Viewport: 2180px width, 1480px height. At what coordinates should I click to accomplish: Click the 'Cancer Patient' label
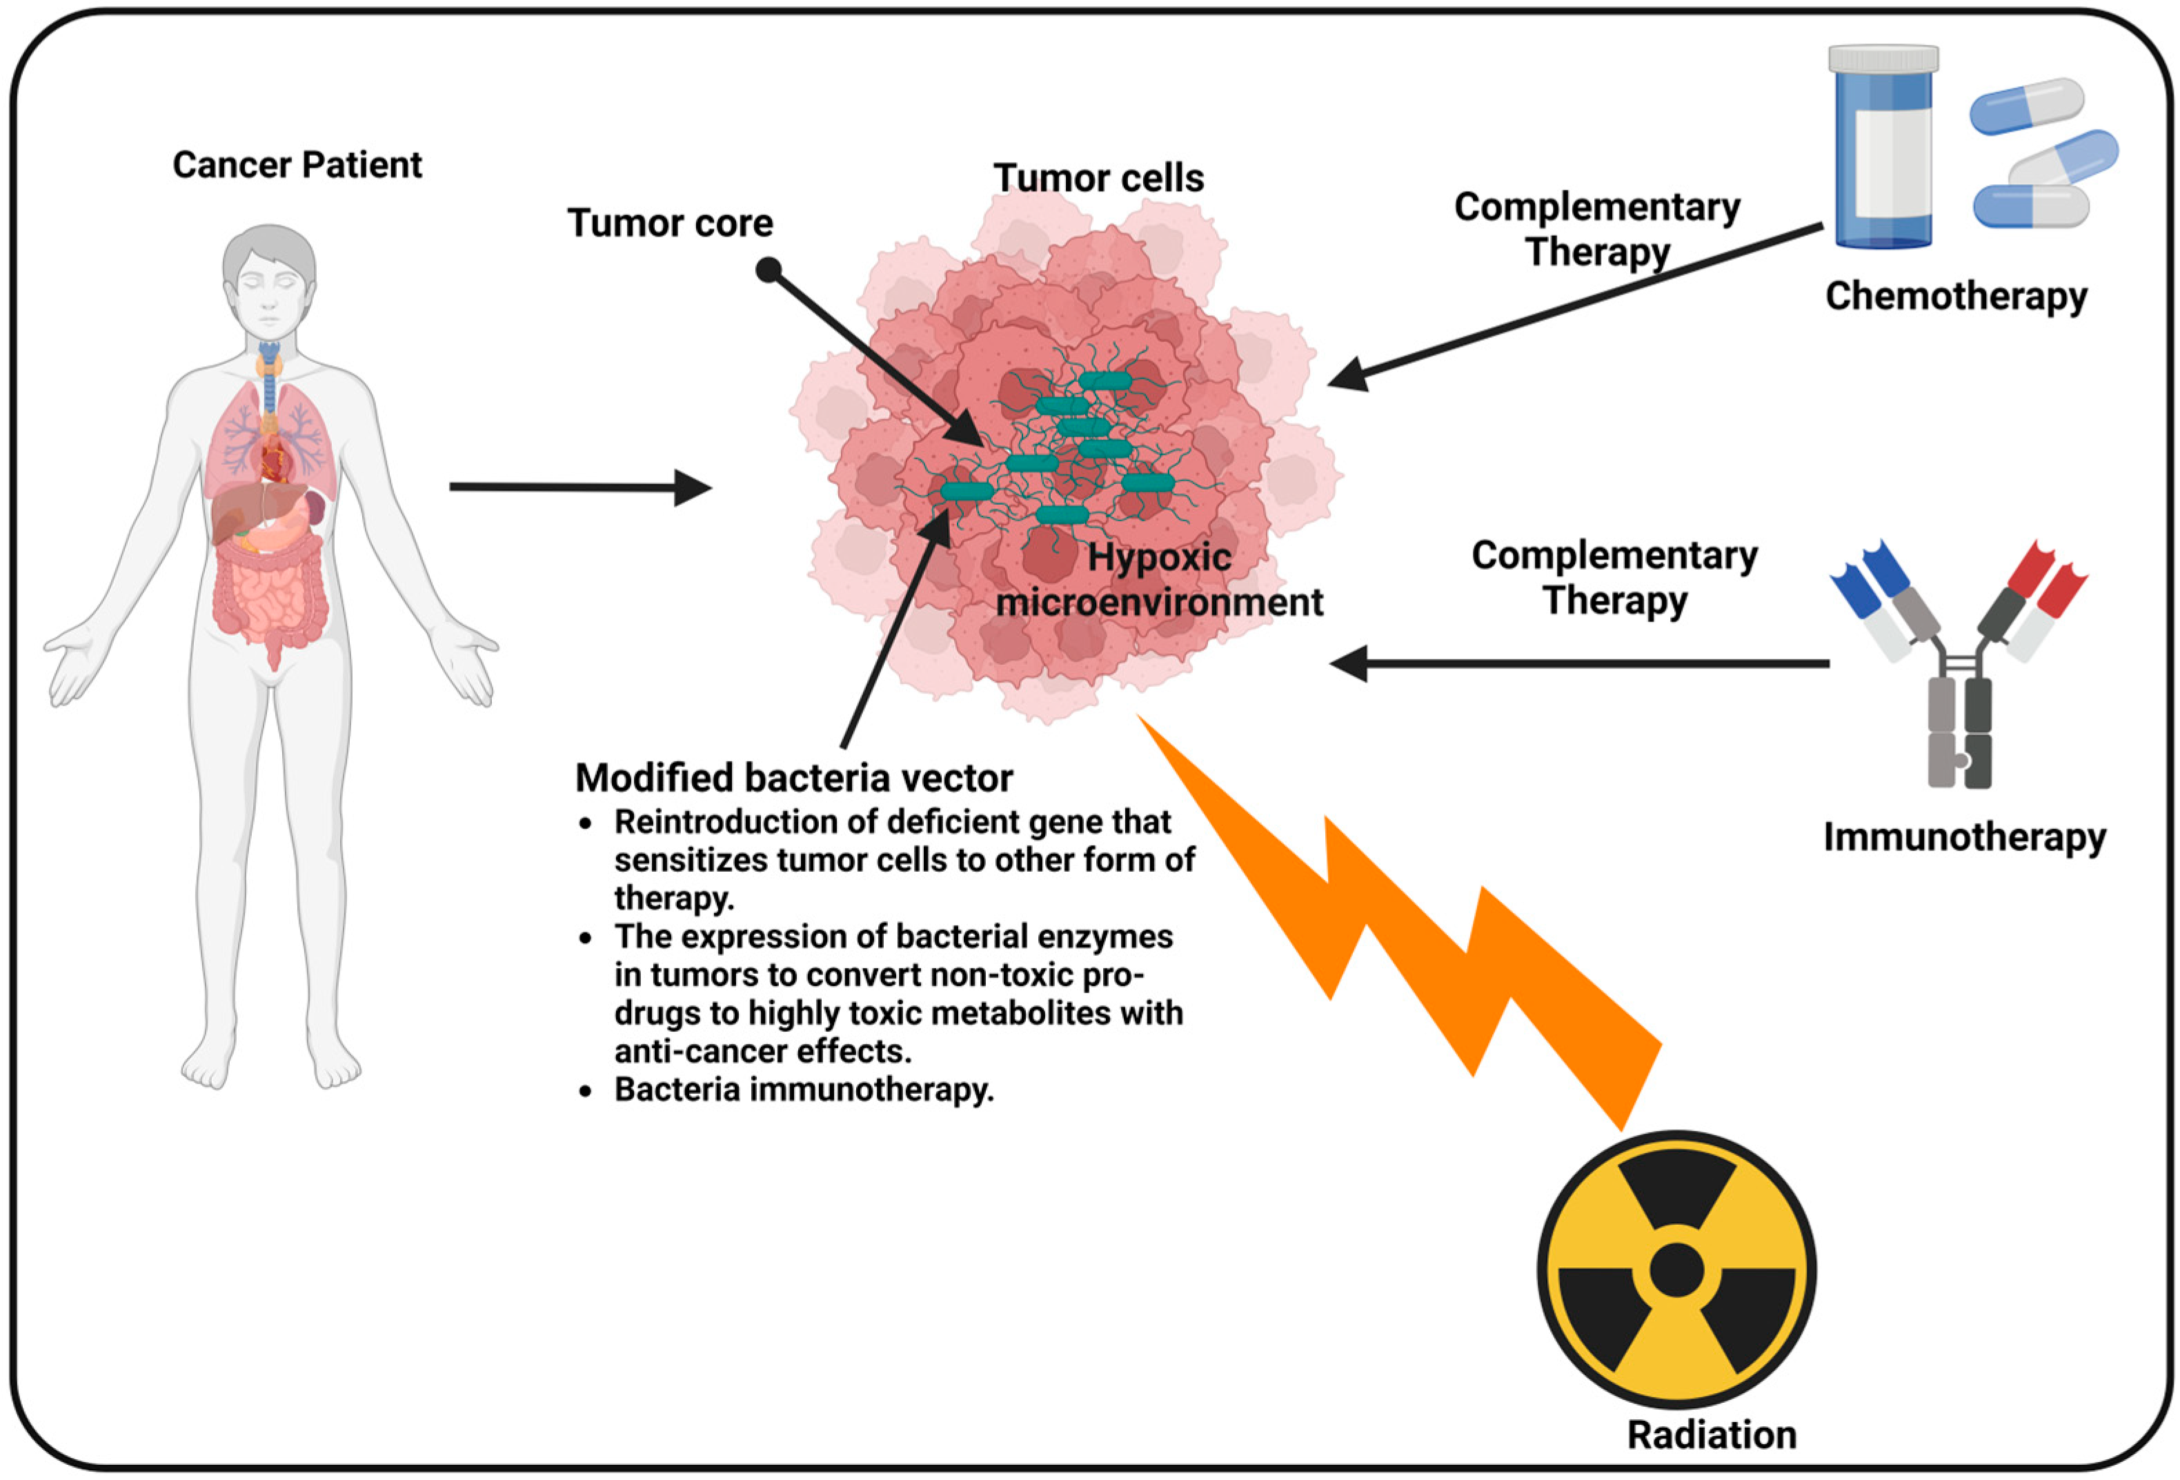click(297, 165)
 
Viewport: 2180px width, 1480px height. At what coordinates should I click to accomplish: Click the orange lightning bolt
click(1407, 938)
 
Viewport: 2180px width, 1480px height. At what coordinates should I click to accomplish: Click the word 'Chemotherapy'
click(1956, 297)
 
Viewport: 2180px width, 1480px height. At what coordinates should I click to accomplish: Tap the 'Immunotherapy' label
click(1964, 836)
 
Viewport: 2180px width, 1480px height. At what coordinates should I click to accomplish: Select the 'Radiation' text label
click(1711, 1435)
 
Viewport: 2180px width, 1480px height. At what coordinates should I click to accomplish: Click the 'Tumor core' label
click(670, 223)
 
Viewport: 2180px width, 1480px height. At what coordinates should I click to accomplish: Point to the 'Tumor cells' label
click(1098, 178)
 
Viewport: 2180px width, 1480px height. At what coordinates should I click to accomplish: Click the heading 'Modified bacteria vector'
click(793, 777)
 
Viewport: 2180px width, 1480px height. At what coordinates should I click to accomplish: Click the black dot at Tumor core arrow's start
click(769, 270)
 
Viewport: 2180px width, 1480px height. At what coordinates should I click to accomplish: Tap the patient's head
click(269, 281)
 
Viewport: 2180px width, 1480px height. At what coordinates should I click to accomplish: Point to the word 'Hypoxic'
click(1160, 558)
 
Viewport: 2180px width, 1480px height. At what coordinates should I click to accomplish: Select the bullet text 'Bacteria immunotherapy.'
click(803, 1090)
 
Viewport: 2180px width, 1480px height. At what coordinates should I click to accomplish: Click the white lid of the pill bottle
click(1883, 58)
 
